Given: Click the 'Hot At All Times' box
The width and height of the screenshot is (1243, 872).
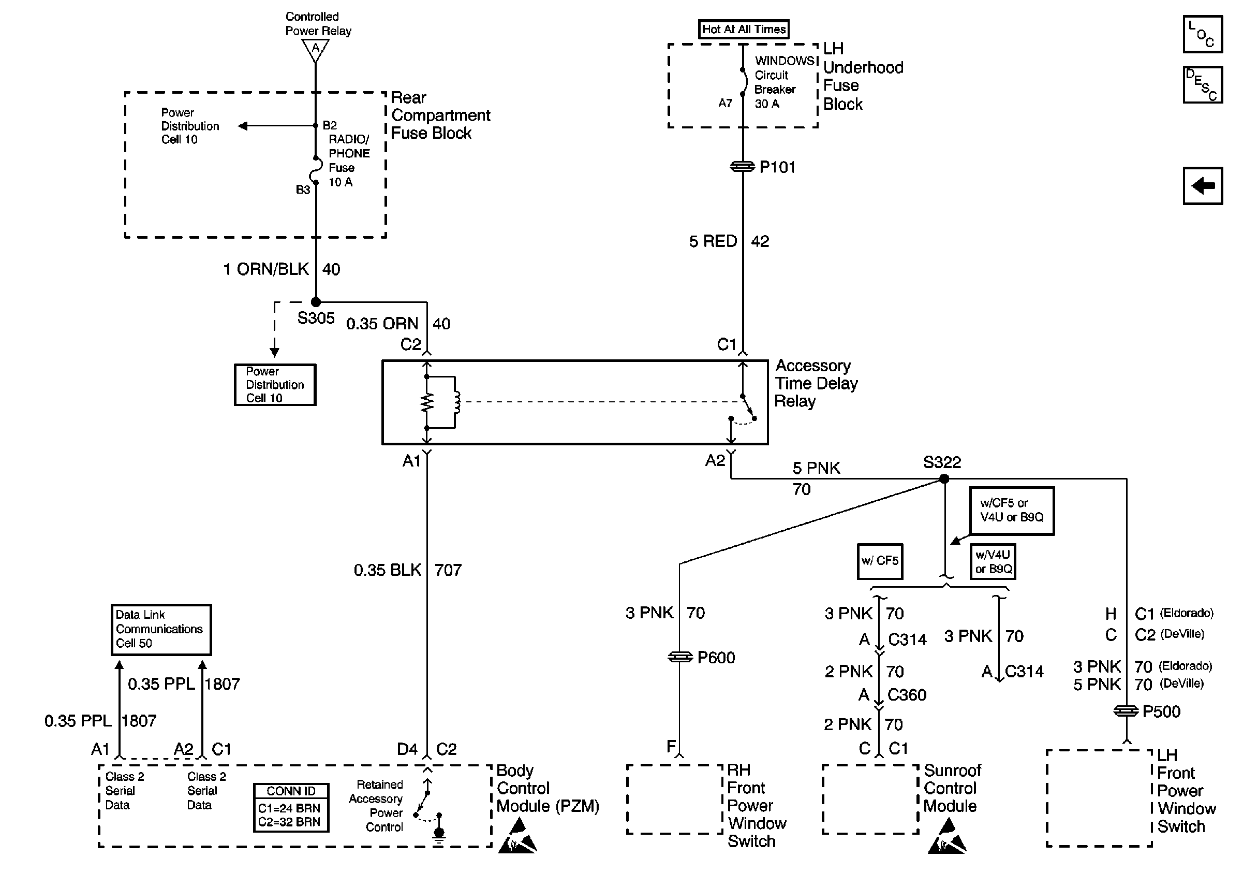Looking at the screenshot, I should [743, 29].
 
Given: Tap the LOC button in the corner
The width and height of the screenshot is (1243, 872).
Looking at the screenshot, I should [1203, 34].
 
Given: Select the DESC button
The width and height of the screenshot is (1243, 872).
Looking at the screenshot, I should [1203, 84].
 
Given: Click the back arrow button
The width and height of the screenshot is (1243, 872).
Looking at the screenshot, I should [1203, 186].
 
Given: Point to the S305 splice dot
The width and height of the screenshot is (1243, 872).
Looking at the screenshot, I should [316, 302].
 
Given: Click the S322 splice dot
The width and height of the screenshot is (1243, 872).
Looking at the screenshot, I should [944, 479].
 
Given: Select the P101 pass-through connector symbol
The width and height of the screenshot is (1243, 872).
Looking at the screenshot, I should [742, 167].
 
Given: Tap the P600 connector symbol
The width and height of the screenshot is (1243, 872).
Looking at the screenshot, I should [680, 657].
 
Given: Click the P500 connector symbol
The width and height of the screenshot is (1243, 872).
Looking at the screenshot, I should [1126, 711].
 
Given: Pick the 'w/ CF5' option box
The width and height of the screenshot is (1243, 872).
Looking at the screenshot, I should [880, 561].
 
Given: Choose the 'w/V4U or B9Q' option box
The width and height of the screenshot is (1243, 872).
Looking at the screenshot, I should [993, 562].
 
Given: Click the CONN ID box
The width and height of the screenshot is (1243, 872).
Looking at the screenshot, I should [291, 807].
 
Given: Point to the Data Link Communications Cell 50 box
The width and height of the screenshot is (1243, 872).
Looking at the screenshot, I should [161, 629].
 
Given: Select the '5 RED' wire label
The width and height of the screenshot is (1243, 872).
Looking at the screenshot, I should [713, 241].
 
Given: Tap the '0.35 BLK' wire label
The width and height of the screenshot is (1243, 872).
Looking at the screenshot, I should [387, 570].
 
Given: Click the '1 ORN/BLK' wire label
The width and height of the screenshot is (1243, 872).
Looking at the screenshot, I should [266, 269].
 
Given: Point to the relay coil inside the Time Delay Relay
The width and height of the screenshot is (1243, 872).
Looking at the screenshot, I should [457, 402].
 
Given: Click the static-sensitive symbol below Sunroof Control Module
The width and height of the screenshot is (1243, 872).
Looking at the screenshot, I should [947, 837].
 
